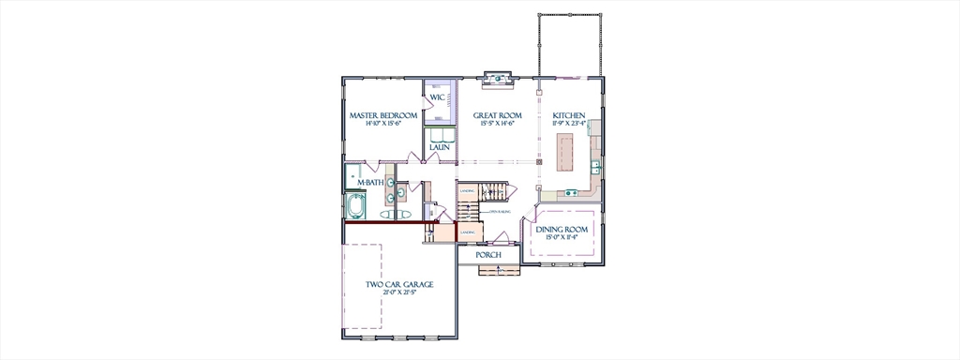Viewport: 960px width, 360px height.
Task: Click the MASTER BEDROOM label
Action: pos(383,115)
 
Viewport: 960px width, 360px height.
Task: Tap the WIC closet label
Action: pos(438,97)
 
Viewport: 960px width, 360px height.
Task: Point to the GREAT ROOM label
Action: pos(497,115)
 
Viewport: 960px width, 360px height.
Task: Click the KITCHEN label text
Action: pos(569,115)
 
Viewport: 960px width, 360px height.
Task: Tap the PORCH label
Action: pos(487,255)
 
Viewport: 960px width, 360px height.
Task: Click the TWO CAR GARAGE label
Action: pos(399,284)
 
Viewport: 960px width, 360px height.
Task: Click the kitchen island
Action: pos(565,152)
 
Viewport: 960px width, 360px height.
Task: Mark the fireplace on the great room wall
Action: pos(497,79)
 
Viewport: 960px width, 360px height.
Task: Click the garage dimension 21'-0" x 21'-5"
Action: pos(399,292)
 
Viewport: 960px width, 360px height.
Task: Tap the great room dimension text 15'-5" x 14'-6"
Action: pos(497,124)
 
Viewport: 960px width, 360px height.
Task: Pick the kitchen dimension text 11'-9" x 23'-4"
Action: pos(569,124)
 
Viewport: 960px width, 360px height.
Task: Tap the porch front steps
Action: pos(491,270)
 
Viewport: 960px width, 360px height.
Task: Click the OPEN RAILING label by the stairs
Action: pos(500,213)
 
